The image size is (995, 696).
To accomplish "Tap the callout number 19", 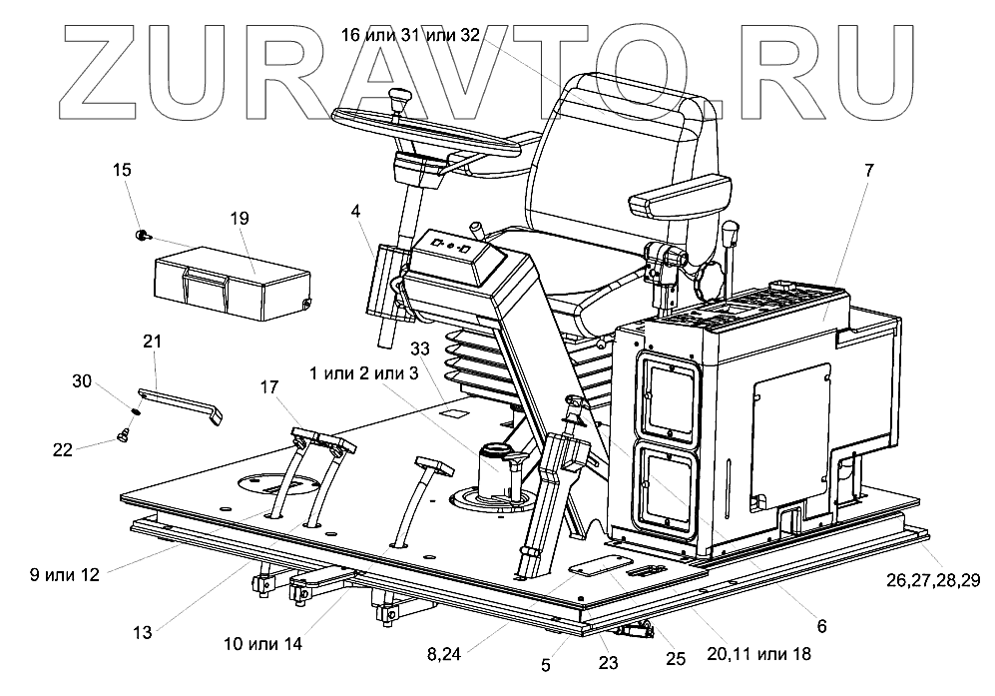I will [x=211, y=218].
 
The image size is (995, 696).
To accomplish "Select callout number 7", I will [x=868, y=170].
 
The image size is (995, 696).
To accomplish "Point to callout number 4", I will [x=356, y=211].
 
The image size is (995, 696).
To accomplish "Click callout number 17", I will [x=270, y=385].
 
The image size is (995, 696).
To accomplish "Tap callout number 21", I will [x=152, y=343].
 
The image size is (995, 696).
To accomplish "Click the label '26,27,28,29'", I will [x=934, y=578].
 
